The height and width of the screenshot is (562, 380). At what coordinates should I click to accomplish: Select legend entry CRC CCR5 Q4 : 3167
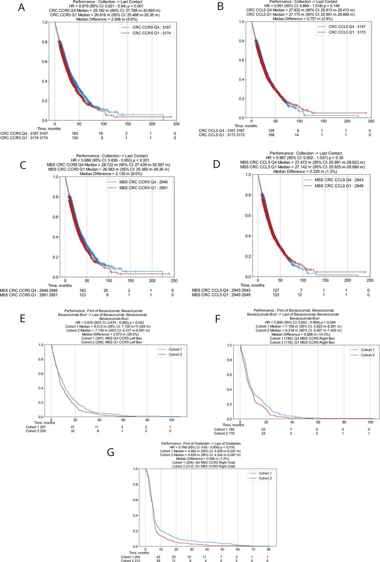tap(144, 27)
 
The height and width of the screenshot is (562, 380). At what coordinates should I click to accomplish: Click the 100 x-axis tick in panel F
tap(370, 421)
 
